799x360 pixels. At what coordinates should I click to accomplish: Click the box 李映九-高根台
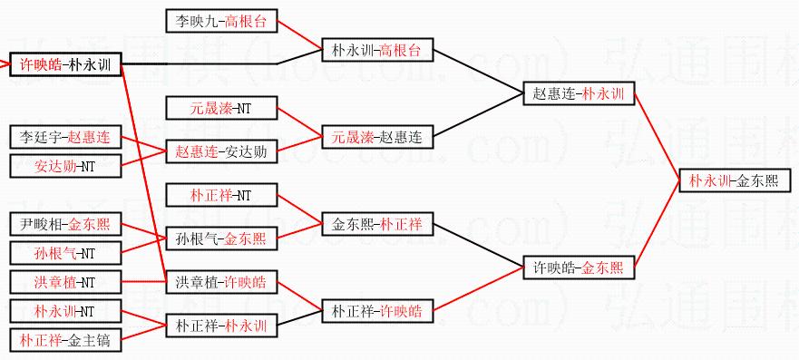tap(221, 21)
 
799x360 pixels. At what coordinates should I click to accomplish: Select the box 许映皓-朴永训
tap(65, 64)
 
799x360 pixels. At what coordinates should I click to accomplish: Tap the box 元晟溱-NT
tap(221, 109)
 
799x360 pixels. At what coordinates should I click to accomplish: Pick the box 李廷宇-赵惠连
tap(65, 138)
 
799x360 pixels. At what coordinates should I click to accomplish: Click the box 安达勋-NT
tap(65, 166)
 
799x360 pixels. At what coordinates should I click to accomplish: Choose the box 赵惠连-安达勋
tap(221, 151)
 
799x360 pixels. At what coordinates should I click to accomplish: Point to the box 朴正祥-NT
tap(221, 196)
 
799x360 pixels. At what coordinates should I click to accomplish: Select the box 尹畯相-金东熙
tap(65, 225)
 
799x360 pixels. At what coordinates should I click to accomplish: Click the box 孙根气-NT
tap(65, 253)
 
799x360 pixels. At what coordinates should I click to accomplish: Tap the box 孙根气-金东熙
tap(221, 238)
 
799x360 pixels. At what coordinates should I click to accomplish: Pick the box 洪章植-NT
tap(65, 282)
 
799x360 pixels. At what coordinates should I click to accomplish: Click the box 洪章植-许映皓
tap(221, 282)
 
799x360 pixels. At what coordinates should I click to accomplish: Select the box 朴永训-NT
tap(65, 311)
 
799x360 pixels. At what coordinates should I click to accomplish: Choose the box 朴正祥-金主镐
tap(65, 340)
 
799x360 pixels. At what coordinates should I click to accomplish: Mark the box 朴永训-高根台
tap(377, 51)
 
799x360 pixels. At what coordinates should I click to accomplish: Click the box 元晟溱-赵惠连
tap(377, 137)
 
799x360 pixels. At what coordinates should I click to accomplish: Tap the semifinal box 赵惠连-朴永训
tap(579, 93)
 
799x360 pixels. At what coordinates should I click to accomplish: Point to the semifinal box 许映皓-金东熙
tap(579, 267)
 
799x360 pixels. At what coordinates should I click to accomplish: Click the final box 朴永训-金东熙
tap(736, 180)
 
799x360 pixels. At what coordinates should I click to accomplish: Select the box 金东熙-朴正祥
tap(377, 224)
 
